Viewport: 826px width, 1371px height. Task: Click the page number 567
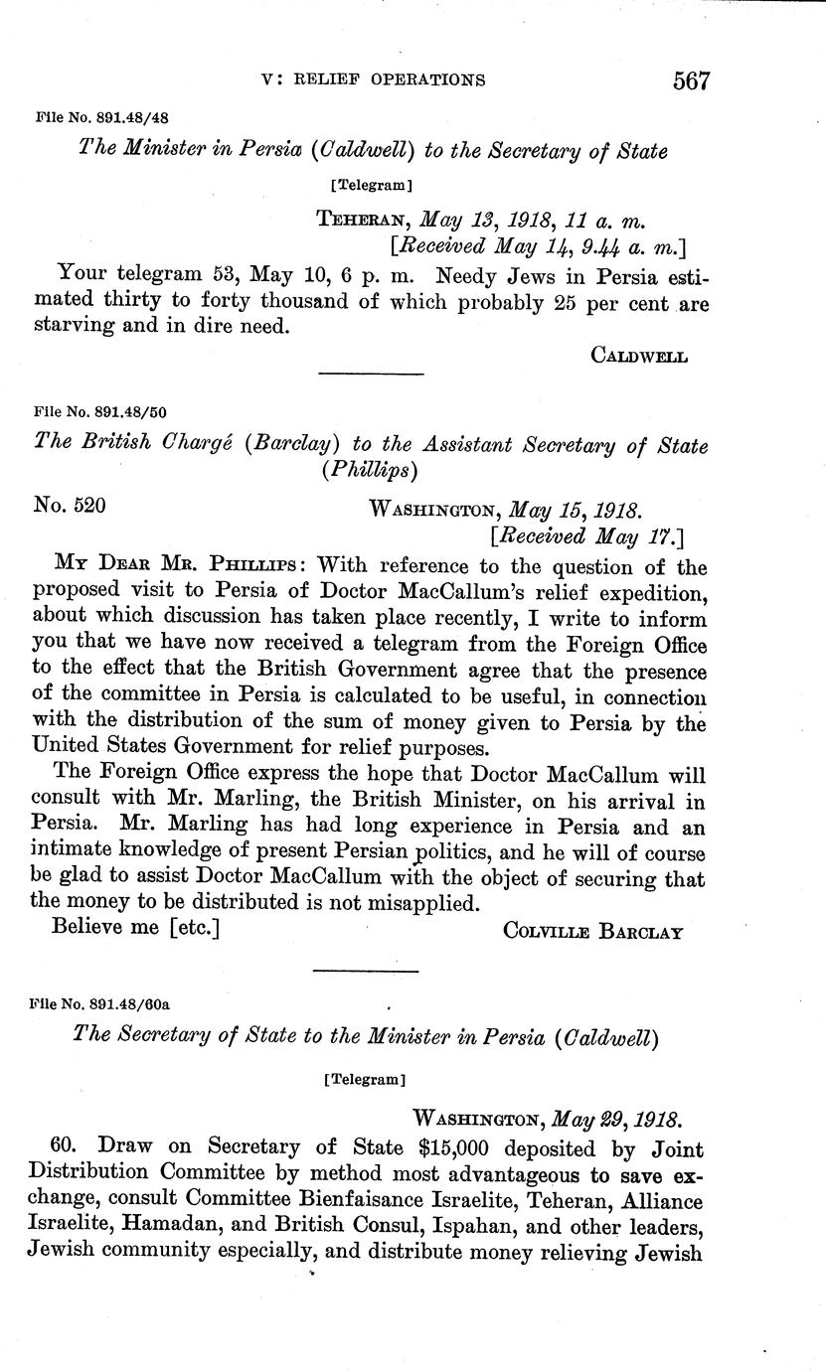[x=691, y=79]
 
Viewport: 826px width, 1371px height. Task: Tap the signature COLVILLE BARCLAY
[x=592, y=932]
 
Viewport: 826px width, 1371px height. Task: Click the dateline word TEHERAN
[x=362, y=219]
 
